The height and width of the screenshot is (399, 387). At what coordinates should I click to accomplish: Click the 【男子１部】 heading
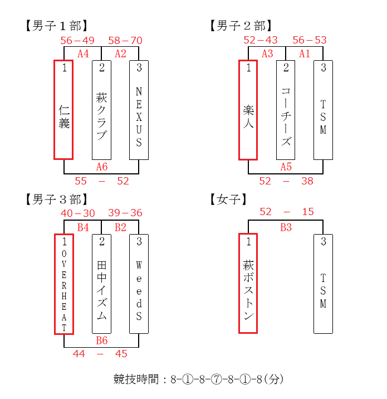click(x=57, y=26)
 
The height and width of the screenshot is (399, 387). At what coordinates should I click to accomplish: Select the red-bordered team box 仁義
click(x=63, y=110)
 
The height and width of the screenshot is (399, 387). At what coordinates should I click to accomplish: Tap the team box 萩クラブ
click(x=101, y=110)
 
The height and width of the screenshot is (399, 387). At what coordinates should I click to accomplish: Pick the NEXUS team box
click(x=139, y=110)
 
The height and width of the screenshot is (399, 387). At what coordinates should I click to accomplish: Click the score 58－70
click(x=125, y=41)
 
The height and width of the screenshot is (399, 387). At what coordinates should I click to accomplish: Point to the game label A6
click(x=102, y=167)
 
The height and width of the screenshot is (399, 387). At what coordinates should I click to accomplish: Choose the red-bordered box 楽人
click(x=248, y=110)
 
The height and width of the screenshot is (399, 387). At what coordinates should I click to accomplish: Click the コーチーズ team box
click(x=286, y=110)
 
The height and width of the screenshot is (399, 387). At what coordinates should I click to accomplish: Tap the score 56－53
click(x=310, y=40)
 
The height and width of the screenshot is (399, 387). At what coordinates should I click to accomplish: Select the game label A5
click(x=286, y=167)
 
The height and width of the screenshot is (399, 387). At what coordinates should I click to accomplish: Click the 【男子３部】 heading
click(x=57, y=199)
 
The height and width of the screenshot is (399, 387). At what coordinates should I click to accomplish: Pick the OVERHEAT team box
click(x=64, y=284)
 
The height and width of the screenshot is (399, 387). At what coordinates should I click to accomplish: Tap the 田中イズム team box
click(x=101, y=284)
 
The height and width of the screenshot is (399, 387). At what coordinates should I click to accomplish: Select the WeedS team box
click(x=139, y=284)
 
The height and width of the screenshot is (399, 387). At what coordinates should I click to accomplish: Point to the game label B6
click(x=102, y=340)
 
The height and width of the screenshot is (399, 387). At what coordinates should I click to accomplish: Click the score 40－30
click(x=78, y=213)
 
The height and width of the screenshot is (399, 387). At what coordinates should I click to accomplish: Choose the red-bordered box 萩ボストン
click(x=248, y=284)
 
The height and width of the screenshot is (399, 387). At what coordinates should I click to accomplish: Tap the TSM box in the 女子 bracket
click(x=323, y=284)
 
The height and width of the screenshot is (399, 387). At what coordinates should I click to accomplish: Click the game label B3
click(x=286, y=227)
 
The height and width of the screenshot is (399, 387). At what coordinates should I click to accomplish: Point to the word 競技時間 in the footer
click(x=136, y=379)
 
